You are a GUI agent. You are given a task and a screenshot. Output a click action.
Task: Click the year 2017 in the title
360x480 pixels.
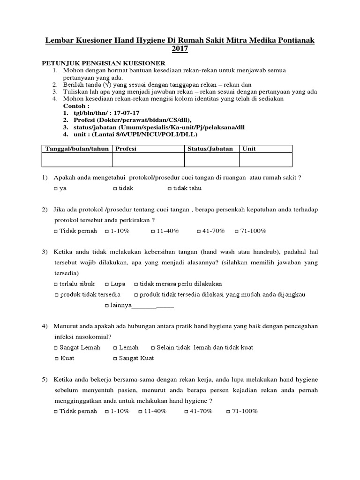(x=180, y=50)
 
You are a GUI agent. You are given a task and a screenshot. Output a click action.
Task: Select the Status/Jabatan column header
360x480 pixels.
(x=210, y=149)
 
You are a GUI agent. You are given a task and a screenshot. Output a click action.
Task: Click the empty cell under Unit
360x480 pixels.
(x=265, y=160)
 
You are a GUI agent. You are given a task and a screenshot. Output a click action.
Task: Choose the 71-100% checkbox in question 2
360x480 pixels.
(x=237, y=231)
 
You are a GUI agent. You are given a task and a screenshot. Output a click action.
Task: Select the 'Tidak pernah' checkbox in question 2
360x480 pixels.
(x=56, y=231)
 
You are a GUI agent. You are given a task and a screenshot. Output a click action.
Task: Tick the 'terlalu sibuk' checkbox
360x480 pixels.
(x=56, y=284)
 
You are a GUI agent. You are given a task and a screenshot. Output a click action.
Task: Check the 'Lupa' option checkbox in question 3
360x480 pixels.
(x=107, y=284)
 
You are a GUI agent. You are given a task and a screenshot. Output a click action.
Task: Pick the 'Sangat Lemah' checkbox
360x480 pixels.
(x=56, y=348)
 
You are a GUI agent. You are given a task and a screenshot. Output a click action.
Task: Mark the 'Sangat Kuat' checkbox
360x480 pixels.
(x=115, y=359)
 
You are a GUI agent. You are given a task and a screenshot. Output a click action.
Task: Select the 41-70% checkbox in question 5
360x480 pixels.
(x=187, y=412)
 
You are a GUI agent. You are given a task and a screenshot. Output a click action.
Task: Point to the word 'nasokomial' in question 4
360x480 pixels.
(x=90, y=337)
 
